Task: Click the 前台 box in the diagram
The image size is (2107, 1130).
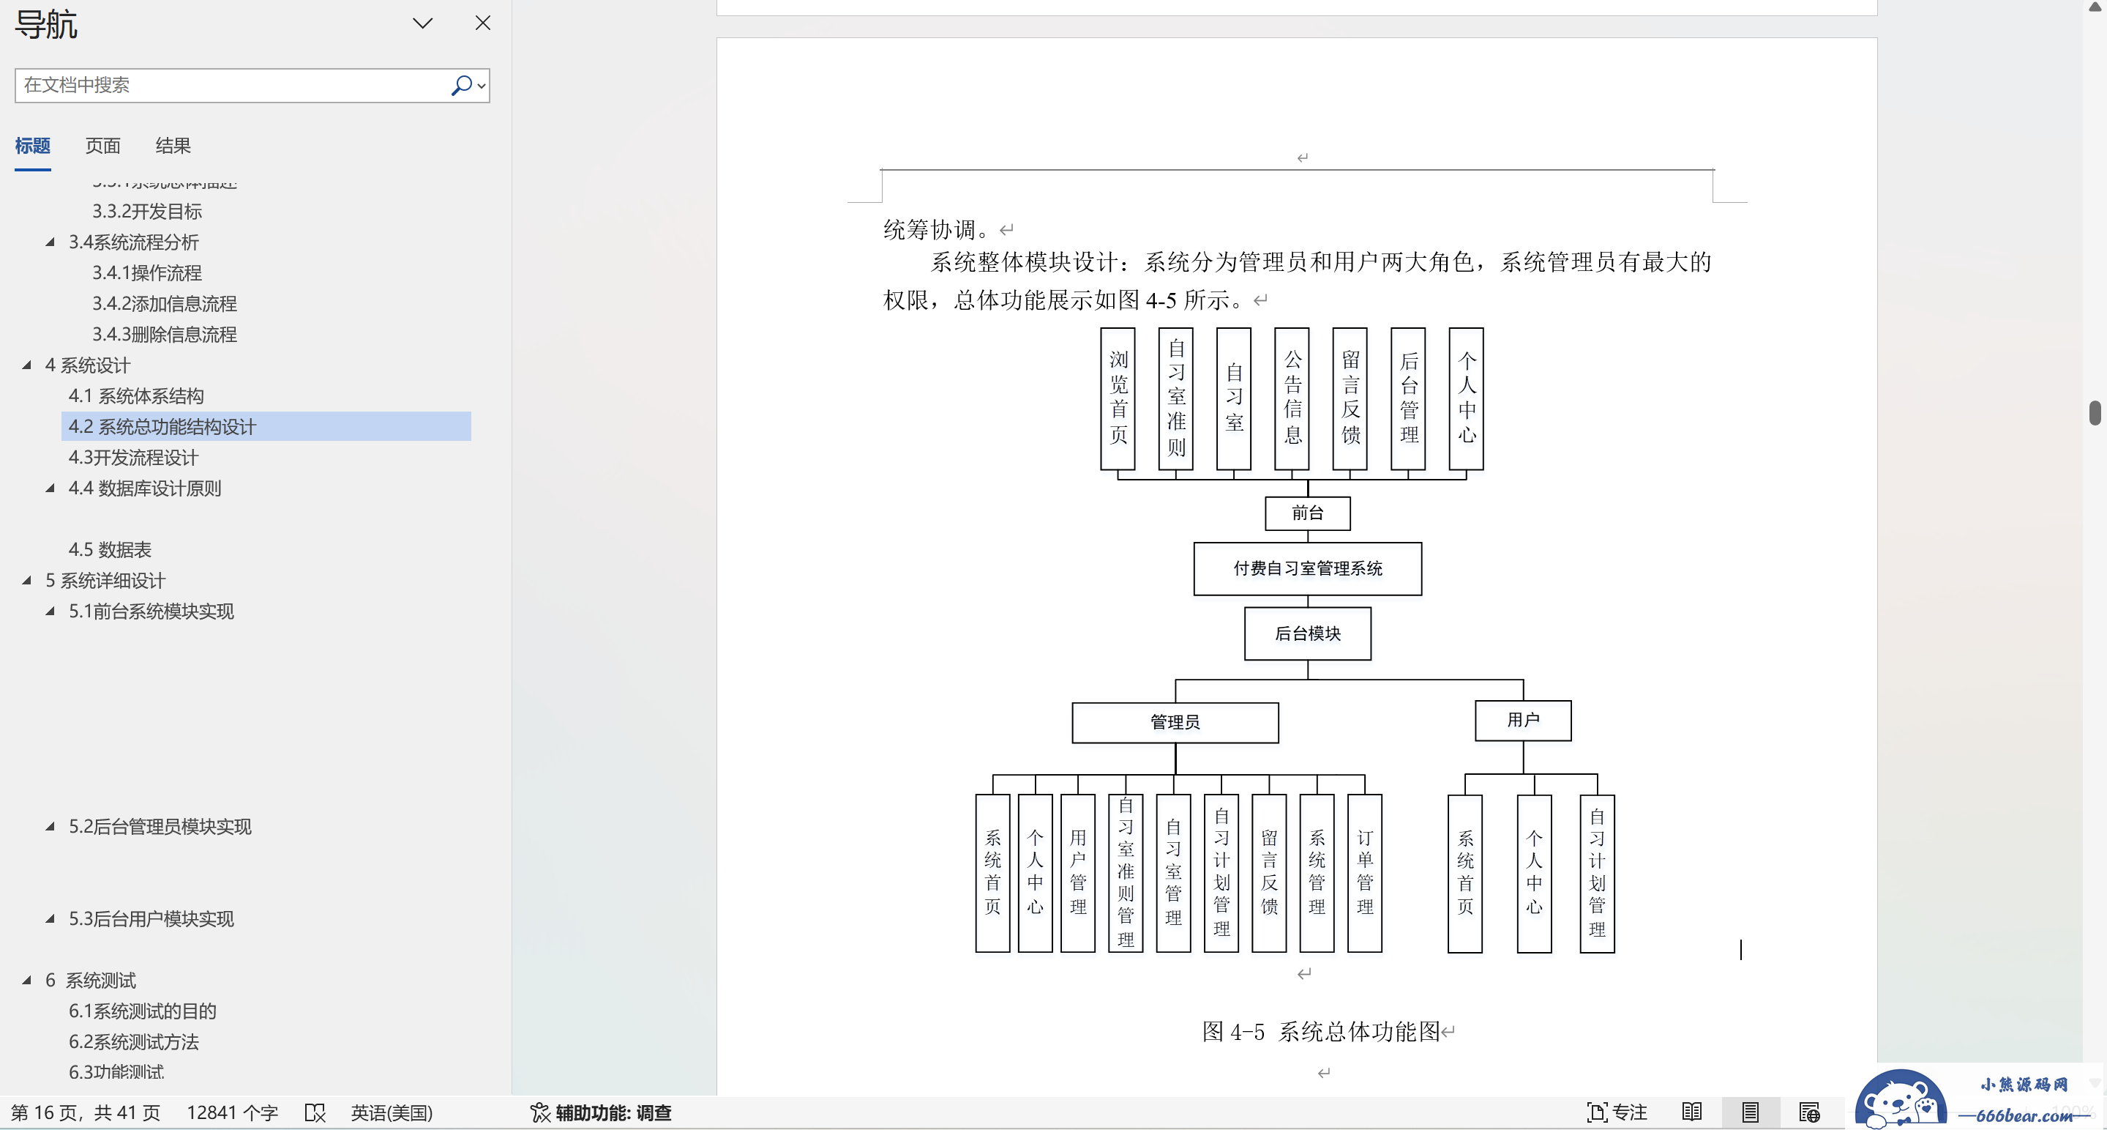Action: (x=1307, y=513)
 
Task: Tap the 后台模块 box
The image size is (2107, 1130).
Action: (x=1307, y=633)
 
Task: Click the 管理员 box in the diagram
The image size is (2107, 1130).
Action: (x=1175, y=721)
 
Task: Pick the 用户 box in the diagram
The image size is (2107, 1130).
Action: (x=1522, y=720)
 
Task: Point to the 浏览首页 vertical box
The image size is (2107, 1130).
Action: (x=1118, y=398)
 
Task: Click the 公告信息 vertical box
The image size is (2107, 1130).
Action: (x=1292, y=398)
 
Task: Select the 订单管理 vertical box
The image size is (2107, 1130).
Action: (x=1364, y=872)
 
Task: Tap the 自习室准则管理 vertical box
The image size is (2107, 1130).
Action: (x=1126, y=872)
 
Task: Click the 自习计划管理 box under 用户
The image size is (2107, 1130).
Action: (x=1597, y=873)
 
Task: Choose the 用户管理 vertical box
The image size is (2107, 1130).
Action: (x=1077, y=872)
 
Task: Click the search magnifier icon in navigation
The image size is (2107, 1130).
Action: (x=461, y=85)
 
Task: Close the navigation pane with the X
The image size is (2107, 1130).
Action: (x=482, y=23)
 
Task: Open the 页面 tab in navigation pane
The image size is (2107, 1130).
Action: (x=103, y=146)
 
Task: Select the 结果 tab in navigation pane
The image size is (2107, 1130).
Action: (x=173, y=146)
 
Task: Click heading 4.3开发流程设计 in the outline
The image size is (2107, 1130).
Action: (x=133, y=458)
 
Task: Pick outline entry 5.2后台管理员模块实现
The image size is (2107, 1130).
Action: (x=160, y=826)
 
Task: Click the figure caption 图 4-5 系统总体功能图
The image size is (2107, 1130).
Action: (x=1320, y=1031)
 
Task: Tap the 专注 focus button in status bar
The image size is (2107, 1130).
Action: (x=1617, y=1112)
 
